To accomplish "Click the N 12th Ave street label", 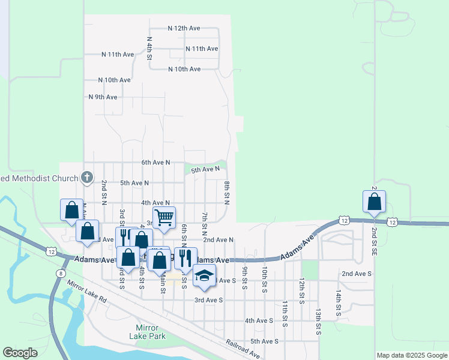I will point(184,28).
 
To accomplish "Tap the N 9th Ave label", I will point(103,97).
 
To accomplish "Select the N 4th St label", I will point(149,48).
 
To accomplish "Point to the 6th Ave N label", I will point(155,163).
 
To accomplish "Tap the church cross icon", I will point(87,177).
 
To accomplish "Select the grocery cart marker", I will point(164,217).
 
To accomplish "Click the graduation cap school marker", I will point(203,276).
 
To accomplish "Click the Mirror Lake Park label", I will point(147,332).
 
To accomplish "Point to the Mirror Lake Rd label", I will point(86,292).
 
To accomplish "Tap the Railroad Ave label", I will point(243,349).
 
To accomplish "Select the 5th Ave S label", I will point(264,341).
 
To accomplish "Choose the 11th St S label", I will point(285,310).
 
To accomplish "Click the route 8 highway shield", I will point(61,274).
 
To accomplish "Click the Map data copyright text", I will point(411,355).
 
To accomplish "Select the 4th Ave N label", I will point(155,203).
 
